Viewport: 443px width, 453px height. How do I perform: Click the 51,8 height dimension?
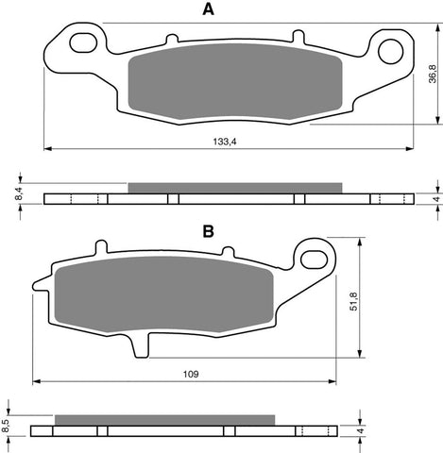click(x=353, y=300)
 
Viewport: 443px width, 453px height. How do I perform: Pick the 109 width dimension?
click(x=189, y=374)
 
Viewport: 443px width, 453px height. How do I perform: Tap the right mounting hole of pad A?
click(x=391, y=49)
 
